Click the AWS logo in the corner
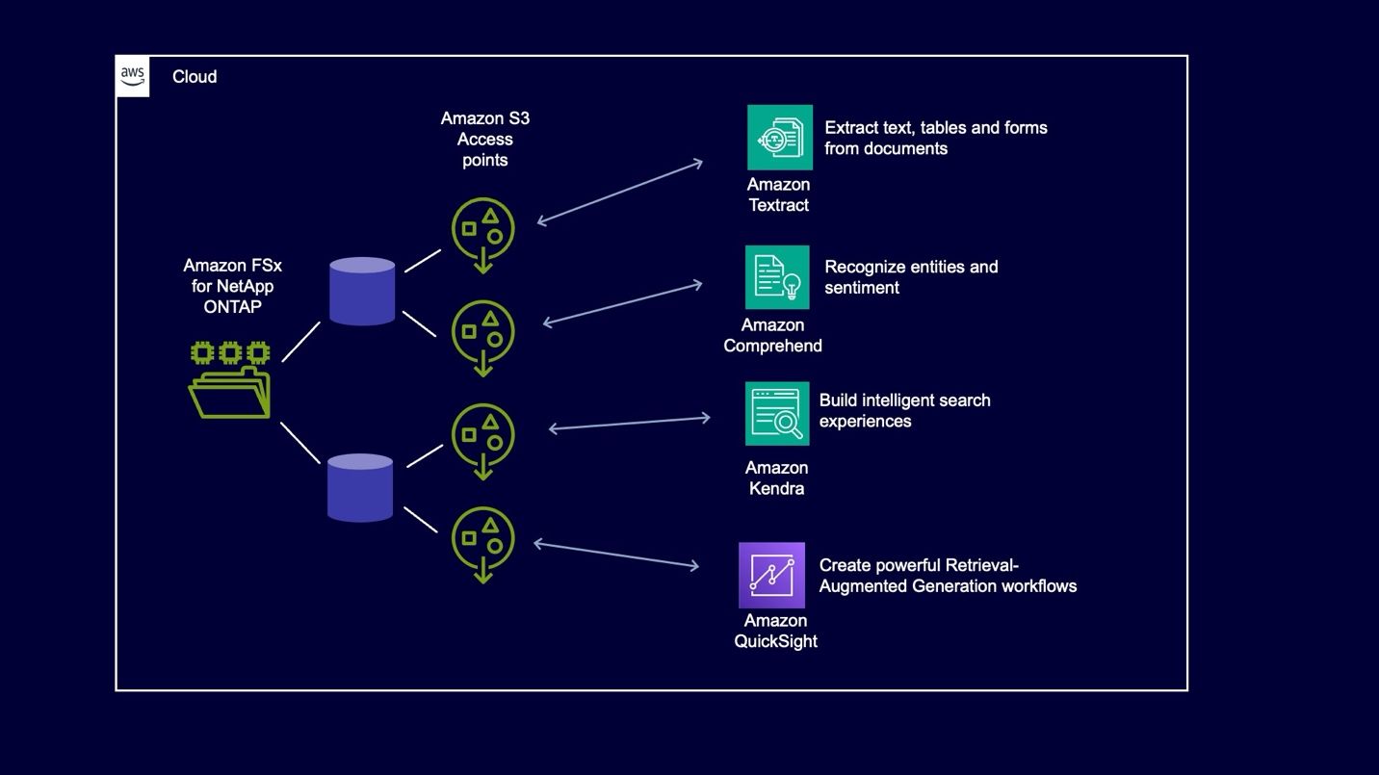(x=133, y=77)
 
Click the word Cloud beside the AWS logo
(x=195, y=77)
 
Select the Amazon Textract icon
(x=779, y=138)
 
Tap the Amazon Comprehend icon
(x=777, y=277)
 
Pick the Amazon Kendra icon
(x=777, y=414)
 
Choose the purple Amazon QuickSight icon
(x=771, y=575)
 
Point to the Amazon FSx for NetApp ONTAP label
(x=232, y=286)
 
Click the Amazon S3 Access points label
(x=485, y=140)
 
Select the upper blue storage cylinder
(x=362, y=291)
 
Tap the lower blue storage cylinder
(x=360, y=488)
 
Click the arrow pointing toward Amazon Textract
(x=620, y=193)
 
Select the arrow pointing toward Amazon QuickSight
(x=616, y=555)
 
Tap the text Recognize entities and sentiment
(x=911, y=277)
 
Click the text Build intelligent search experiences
(x=904, y=411)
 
